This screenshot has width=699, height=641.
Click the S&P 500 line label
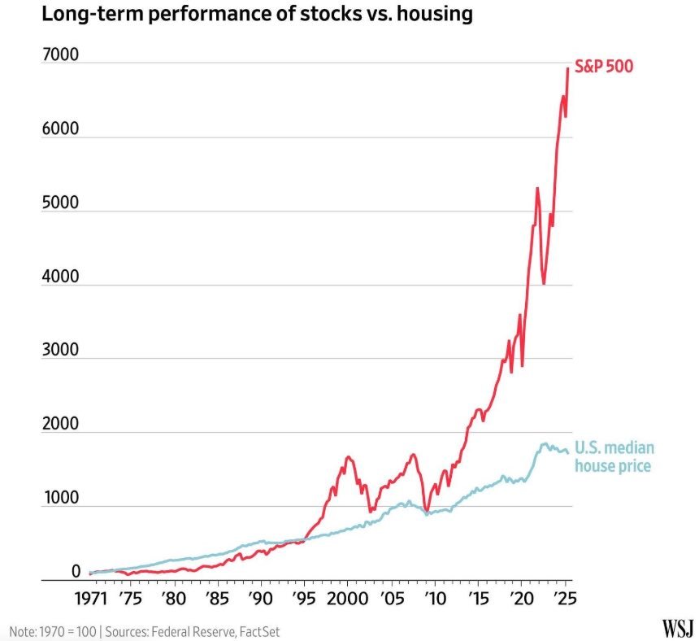(x=603, y=67)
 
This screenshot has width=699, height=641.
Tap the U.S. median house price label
(x=614, y=456)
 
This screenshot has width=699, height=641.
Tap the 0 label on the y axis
(x=76, y=572)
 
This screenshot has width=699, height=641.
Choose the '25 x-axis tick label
(x=565, y=601)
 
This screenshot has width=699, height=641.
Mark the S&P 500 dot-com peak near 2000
(x=349, y=457)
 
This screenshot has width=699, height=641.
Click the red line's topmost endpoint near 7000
(x=567, y=68)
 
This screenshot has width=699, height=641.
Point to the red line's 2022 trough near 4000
(x=544, y=283)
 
